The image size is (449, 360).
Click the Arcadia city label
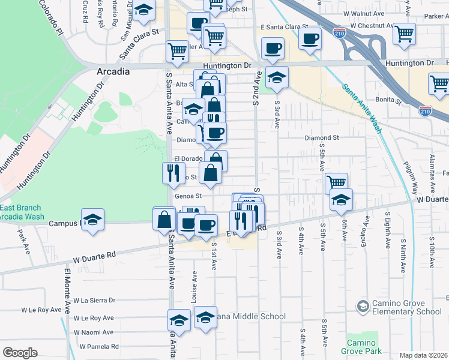(x=113, y=71)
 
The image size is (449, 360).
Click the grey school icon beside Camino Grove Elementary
(x=362, y=306)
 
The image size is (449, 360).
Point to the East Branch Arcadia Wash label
(x=22, y=212)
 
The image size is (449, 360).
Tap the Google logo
(x=20, y=353)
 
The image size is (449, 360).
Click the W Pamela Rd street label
(x=100, y=347)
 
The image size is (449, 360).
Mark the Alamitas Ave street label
(x=431, y=162)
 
